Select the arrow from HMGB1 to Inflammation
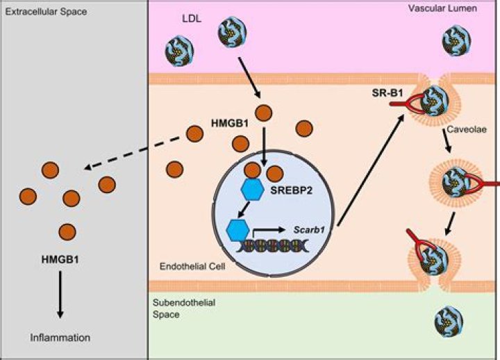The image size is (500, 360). coord(60,293)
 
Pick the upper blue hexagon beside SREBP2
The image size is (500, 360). coord(253,188)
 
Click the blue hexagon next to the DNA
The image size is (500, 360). coord(240,227)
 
